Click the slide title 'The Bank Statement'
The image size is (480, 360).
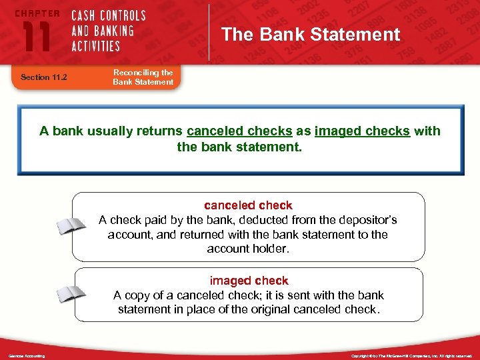[311, 34]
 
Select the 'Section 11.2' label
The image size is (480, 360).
[45, 77]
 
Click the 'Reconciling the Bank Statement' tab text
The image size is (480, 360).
[143, 77]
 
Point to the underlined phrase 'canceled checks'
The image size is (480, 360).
[239, 131]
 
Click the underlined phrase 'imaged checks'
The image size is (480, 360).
[362, 131]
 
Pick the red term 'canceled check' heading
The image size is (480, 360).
[248, 205]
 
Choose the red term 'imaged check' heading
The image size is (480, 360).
[249, 281]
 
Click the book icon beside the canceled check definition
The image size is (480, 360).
[71, 227]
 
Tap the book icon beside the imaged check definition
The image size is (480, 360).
[71, 294]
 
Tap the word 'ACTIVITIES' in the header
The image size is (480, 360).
[97, 46]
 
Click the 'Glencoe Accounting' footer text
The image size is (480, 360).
[27, 356]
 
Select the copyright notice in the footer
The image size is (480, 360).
[411, 356]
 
